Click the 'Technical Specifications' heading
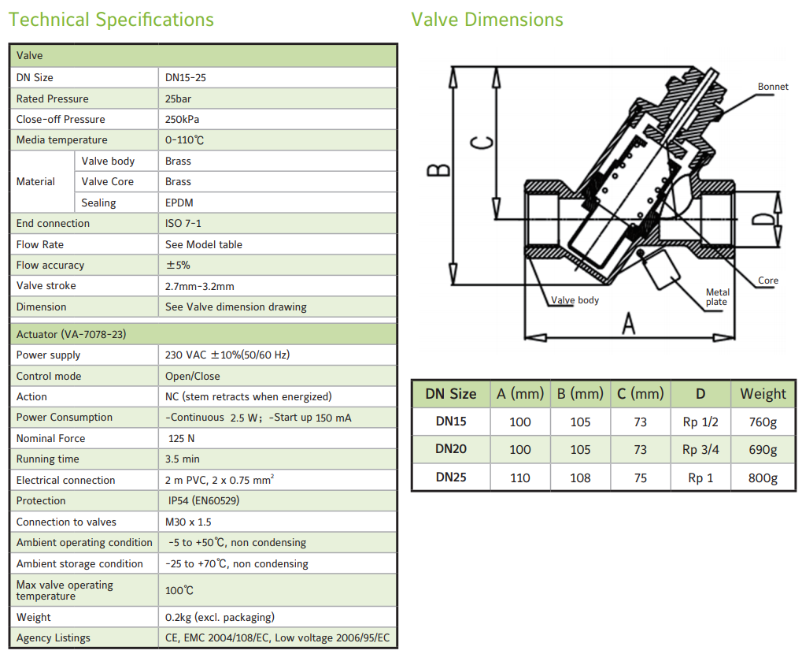[111, 20]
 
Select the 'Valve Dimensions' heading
[487, 20]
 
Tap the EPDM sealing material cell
[179, 203]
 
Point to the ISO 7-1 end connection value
[183, 224]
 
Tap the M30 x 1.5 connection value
[188, 522]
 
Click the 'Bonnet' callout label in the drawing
[773, 87]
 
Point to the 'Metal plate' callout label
[717, 297]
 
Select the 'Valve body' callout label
[575, 300]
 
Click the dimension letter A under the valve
[627, 323]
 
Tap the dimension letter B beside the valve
[438, 170]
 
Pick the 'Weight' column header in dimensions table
[763, 394]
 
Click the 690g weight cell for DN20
[763, 450]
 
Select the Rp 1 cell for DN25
[700, 477]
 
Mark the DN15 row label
[451, 422]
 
